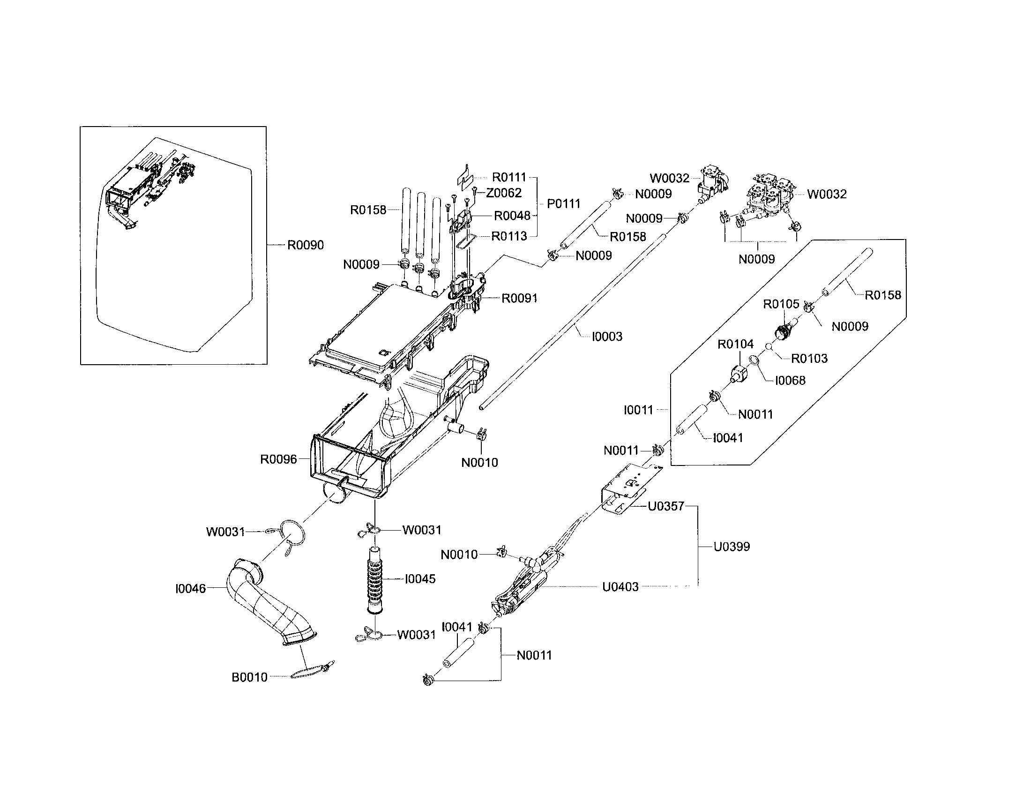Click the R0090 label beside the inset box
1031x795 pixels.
click(x=306, y=245)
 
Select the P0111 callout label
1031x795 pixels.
click(x=563, y=204)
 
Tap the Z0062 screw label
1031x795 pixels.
click(x=504, y=193)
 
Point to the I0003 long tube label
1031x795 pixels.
click(x=607, y=337)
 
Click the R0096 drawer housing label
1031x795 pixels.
click(x=278, y=459)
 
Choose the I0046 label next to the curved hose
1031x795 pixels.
click(x=190, y=589)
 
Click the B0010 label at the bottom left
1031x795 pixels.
click(x=249, y=677)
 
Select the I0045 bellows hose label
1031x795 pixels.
click(x=420, y=579)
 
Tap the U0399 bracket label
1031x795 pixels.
click(x=731, y=547)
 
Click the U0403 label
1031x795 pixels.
click(x=620, y=587)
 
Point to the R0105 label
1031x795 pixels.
click(x=781, y=304)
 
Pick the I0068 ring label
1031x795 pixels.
click(x=790, y=381)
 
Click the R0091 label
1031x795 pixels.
click(x=519, y=299)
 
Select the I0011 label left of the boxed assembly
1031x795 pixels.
click(x=638, y=410)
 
